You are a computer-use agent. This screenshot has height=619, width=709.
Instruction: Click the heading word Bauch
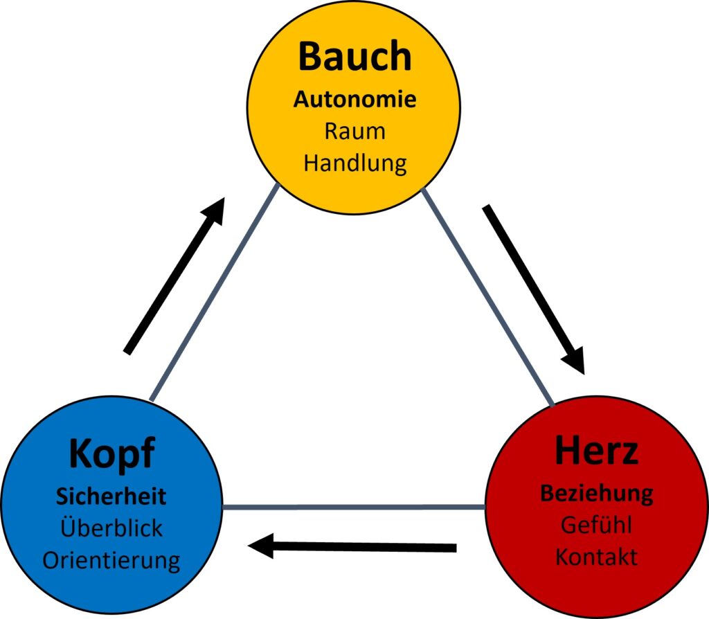pyautogui.click(x=354, y=57)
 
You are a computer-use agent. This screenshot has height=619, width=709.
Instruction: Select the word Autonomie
pyautogui.click(x=354, y=100)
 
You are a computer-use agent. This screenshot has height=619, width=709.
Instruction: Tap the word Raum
pyautogui.click(x=354, y=132)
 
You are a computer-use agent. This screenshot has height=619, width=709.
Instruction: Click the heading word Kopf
pyautogui.click(x=111, y=455)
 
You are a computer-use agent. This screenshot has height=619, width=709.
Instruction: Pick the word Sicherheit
pyautogui.click(x=111, y=496)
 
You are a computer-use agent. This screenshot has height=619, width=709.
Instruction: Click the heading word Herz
pyautogui.click(x=596, y=451)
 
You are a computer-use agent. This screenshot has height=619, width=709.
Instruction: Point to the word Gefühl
pyautogui.click(x=596, y=525)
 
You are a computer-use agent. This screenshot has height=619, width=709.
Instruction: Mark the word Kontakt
pyautogui.click(x=596, y=557)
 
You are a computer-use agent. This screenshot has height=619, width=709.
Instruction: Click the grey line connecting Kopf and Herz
pyautogui.click(x=353, y=507)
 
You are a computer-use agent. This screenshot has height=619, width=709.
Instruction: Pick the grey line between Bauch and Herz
pyautogui.click(x=488, y=298)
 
